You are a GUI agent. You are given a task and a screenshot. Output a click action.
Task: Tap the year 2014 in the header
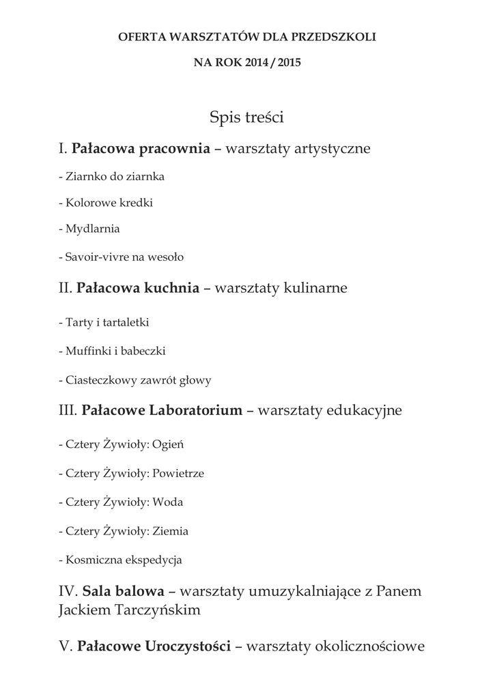(x=259, y=62)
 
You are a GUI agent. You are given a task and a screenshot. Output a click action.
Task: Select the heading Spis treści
(x=246, y=118)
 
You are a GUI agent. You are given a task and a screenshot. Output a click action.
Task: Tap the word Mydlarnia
(x=93, y=229)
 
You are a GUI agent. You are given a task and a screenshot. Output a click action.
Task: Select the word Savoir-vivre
(x=93, y=257)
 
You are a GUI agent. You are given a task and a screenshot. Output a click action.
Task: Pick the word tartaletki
(x=124, y=322)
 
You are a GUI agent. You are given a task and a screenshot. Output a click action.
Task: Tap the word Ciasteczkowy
(x=102, y=380)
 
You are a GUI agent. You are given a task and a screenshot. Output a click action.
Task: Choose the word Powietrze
(x=178, y=473)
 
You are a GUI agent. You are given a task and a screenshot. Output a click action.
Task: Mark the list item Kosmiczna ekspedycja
(x=120, y=560)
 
